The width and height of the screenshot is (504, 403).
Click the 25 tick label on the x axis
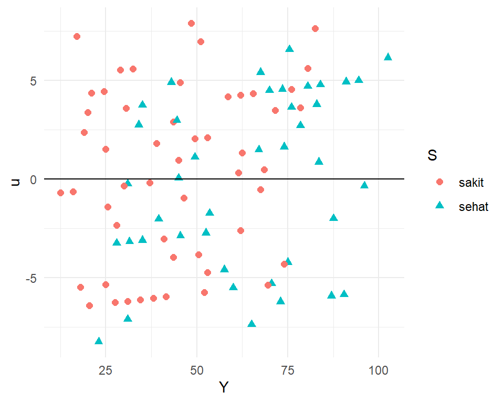tap(106, 370)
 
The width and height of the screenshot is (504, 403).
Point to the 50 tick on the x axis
tap(197, 370)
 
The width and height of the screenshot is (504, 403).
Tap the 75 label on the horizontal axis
tap(288, 370)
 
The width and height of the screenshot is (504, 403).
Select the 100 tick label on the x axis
tap(379, 370)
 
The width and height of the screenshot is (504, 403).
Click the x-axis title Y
tap(224, 388)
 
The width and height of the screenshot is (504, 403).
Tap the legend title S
tap(433, 156)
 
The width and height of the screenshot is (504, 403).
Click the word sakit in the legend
tap(470, 183)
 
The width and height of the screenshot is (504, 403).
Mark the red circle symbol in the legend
tap(440, 182)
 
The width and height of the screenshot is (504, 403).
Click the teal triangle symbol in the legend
tap(440, 206)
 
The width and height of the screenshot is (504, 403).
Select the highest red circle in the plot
tap(191, 23)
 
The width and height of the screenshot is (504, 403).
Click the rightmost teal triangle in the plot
tap(388, 57)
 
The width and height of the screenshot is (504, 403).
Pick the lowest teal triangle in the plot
tap(99, 341)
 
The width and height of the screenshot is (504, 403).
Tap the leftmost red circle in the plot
tap(60, 193)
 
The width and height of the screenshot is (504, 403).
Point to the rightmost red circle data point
tap(315, 28)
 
